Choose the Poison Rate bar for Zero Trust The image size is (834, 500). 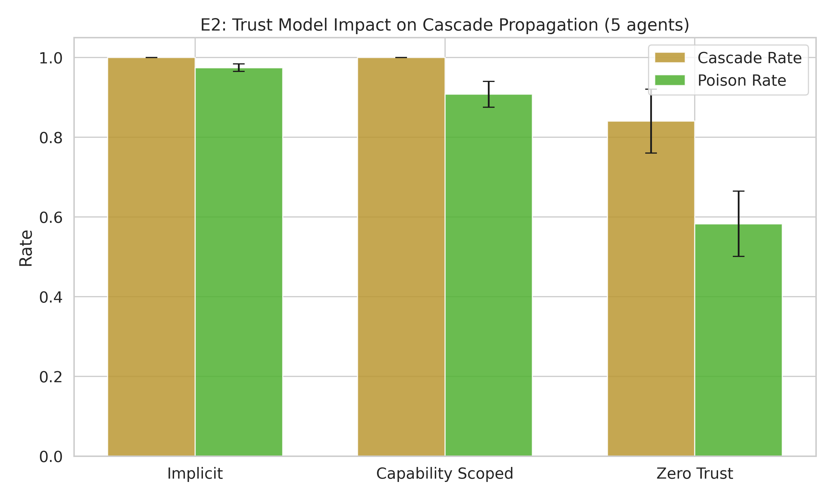[x=738, y=340]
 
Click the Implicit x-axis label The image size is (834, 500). [x=195, y=473]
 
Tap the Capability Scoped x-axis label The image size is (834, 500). [x=445, y=473]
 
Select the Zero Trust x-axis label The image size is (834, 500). [x=694, y=473]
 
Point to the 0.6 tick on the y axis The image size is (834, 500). [x=51, y=217]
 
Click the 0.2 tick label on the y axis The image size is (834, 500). [x=51, y=377]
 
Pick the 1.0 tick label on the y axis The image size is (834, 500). [x=51, y=58]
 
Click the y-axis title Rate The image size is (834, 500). [x=26, y=248]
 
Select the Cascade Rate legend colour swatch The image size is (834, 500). [x=669, y=57]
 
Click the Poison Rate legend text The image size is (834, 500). [x=742, y=80]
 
